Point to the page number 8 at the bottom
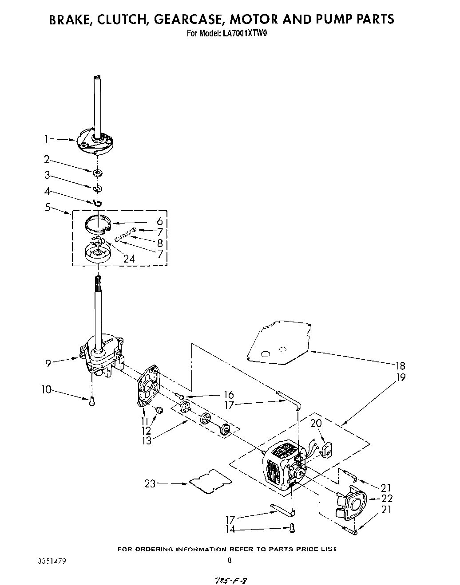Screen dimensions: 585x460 coord(229,560)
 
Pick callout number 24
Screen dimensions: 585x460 coord(129,259)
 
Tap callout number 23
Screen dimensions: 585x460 coord(150,483)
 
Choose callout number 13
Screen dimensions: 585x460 coord(146,440)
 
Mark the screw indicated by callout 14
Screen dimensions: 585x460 coord(291,528)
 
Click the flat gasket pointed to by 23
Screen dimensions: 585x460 coord(210,481)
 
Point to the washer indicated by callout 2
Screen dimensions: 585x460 coord(98,172)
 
